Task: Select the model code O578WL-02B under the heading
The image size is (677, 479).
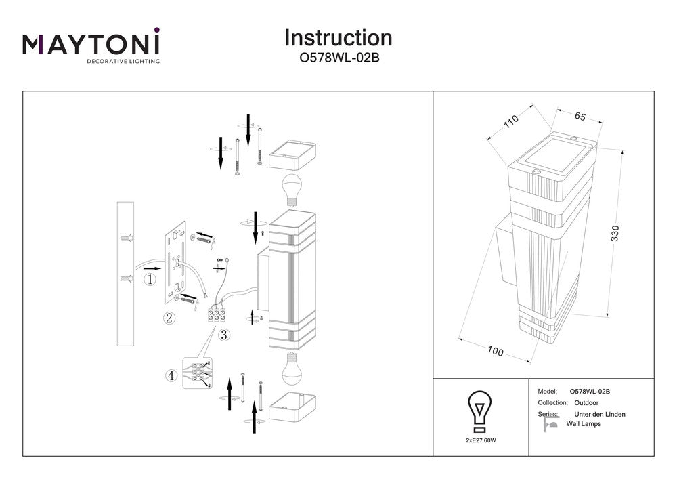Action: pyautogui.click(x=338, y=58)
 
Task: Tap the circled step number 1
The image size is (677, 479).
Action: pyautogui.click(x=150, y=278)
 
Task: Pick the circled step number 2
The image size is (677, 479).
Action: pyautogui.click(x=170, y=318)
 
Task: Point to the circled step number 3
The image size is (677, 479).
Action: pyautogui.click(x=223, y=334)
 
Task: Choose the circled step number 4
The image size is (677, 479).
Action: pyautogui.click(x=172, y=374)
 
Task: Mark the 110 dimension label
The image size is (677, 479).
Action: pyautogui.click(x=510, y=123)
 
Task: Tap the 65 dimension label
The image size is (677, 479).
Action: pyautogui.click(x=580, y=116)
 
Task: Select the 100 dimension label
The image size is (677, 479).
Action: pyautogui.click(x=496, y=352)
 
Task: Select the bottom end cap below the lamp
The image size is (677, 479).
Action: pyautogui.click(x=292, y=407)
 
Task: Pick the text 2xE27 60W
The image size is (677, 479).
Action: pyautogui.click(x=480, y=441)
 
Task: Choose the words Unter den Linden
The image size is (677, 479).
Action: pyautogui.click(x=599, y=414)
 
